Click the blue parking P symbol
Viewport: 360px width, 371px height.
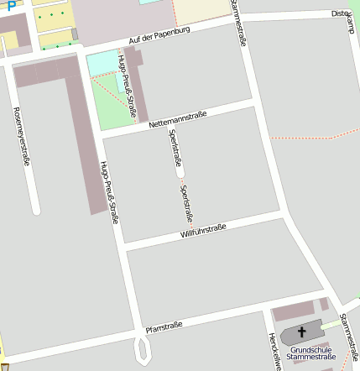tap(12, 5)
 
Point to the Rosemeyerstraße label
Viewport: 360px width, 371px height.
tap(22, 136)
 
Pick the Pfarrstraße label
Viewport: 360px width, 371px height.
tap(164, 326)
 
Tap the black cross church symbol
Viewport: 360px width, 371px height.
tap(302, 333)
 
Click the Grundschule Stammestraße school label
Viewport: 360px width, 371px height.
tap(311, 353)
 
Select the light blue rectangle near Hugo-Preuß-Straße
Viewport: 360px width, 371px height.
tap(102, 62)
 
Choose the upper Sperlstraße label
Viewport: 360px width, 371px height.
tap(175, 148)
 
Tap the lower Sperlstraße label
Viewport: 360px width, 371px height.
tap(185, 201)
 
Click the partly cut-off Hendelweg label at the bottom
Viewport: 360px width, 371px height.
tap(274, 352)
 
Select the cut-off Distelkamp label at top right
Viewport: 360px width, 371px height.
tap(343, 15)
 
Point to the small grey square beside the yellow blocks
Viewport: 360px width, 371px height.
tap(74, 34)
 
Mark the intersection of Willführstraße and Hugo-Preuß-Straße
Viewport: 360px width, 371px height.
tap(124, 246)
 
